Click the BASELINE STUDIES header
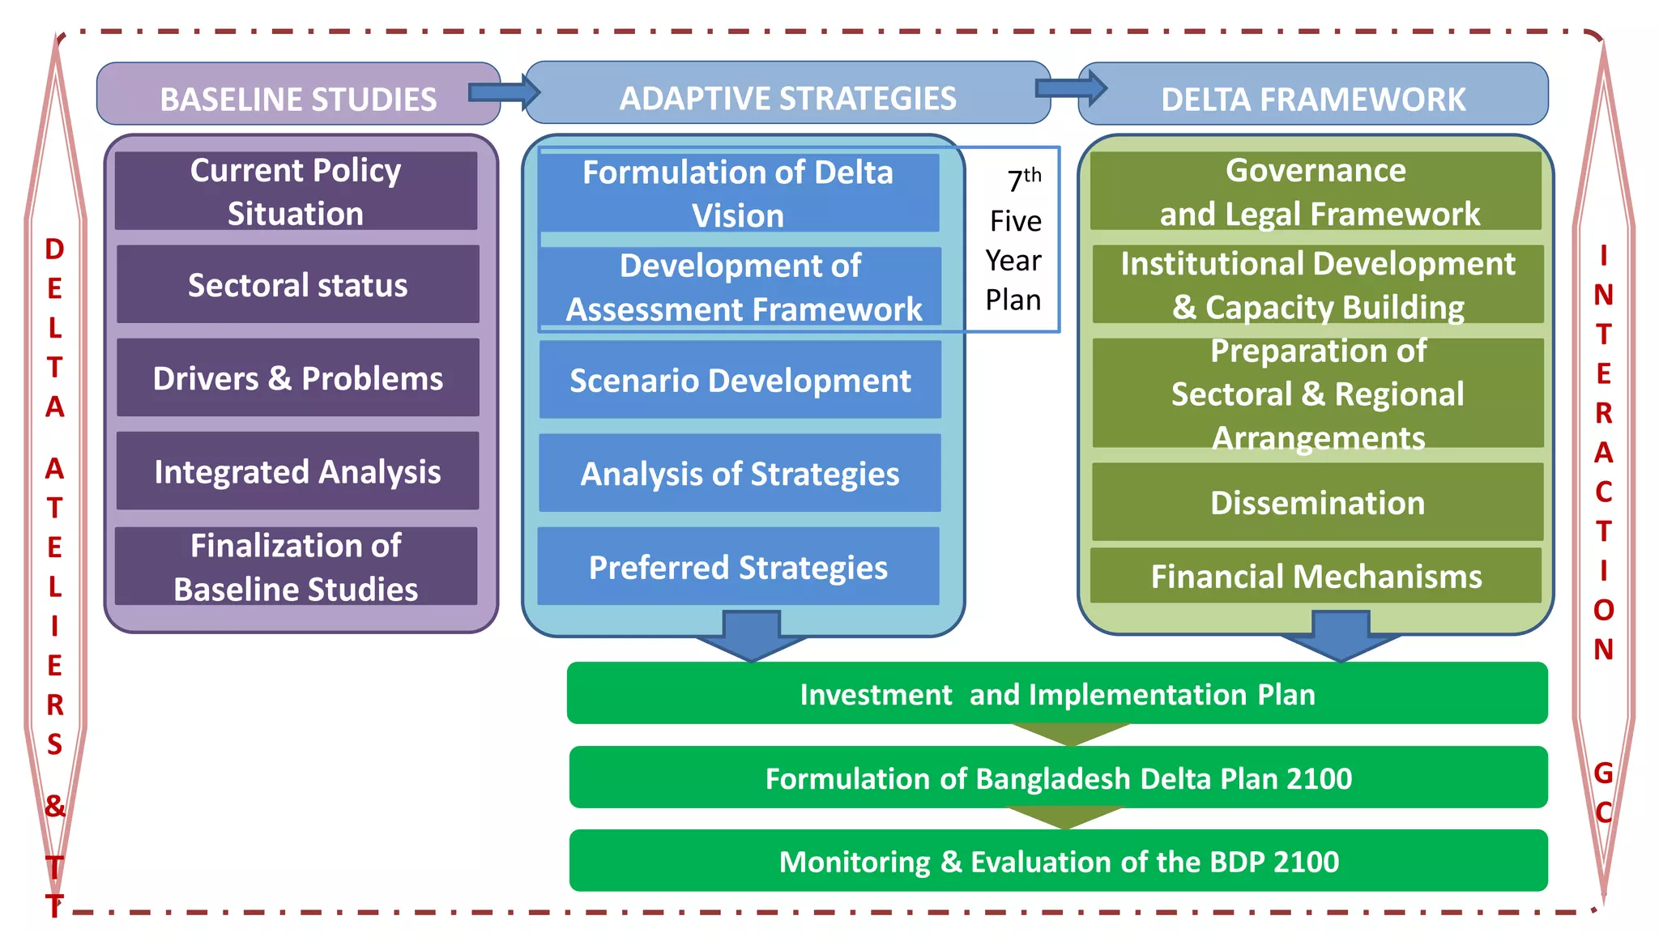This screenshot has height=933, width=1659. (297, 98)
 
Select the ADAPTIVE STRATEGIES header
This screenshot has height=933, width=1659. (787, 97)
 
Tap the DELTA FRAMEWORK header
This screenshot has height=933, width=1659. (1313, 98)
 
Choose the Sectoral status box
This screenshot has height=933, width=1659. (297, 285)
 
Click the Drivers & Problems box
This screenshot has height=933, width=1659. (297, 378)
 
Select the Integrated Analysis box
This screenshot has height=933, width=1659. (297, 471)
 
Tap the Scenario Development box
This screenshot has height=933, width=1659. (740, 380)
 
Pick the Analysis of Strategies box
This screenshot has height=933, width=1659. (740, 474)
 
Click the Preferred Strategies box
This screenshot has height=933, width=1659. (738, 567)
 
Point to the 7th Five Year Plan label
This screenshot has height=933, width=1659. (1013, 240)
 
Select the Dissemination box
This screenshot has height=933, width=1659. (1317, 502)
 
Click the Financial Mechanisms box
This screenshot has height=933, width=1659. (1316, 576)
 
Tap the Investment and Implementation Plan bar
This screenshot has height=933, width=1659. (1057, 694)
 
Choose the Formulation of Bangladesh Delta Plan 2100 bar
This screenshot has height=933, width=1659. (1058, 777)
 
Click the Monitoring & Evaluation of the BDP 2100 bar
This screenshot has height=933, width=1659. (1058, 861)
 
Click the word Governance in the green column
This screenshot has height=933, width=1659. (1316, 170)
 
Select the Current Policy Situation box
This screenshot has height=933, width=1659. (296, 191)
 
